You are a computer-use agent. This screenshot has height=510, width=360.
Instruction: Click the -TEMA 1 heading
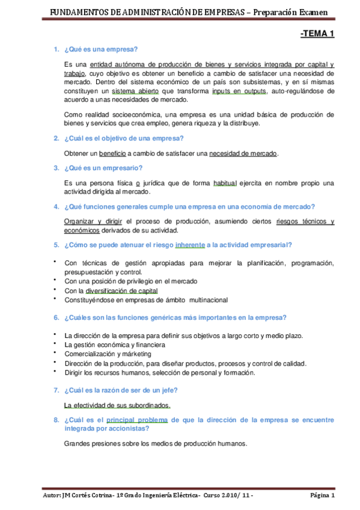click(x=317, y=34)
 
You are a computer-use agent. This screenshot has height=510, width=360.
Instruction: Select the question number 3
click(x=56, y=168)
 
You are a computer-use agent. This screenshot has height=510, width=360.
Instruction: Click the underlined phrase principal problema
click(x=137, y=420)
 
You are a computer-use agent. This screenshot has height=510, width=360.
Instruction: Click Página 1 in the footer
click(x=322, y=496)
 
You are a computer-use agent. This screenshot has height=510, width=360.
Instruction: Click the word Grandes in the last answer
click(x=77, y=444)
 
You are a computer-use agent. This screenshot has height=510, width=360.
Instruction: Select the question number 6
click(x=56, y=318)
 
